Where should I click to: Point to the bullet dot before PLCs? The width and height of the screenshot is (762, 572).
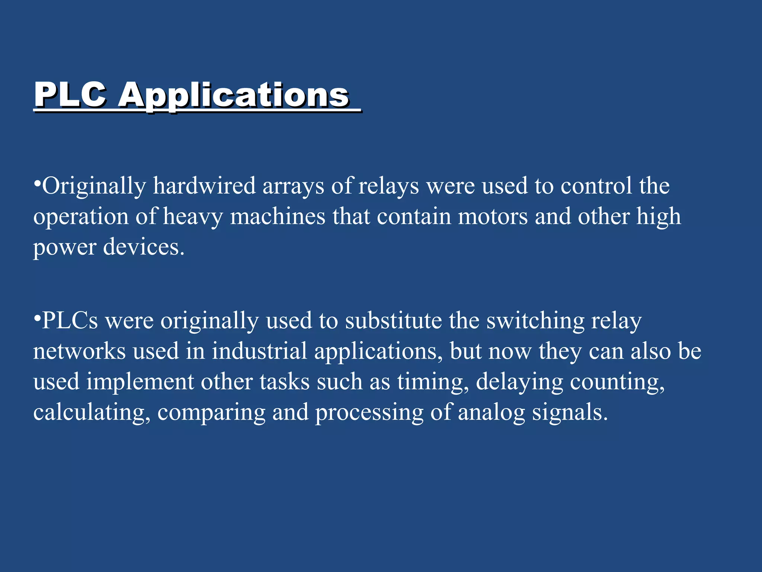click(37, 318)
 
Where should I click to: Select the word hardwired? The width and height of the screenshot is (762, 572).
click(204, 186)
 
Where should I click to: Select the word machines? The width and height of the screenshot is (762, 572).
click(278, 216)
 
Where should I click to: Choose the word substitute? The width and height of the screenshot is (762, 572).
click(393, 321)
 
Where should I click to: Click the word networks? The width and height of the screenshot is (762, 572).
click(80, 351)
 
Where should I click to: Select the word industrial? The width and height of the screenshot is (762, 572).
click(259, 351)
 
